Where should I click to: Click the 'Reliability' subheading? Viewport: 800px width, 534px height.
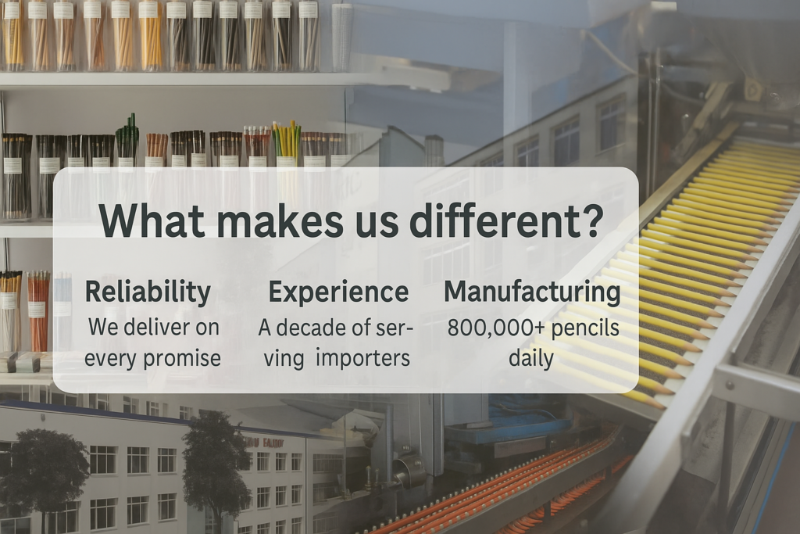[x=148, y=292]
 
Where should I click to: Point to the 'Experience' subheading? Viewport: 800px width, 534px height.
[x=338, y=292]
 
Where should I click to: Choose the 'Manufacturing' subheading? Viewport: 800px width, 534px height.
[x=532, y=292]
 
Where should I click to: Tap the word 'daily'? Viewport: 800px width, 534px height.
[x=531, y=358]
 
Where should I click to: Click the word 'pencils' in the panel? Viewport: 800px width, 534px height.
[x=584, y=328]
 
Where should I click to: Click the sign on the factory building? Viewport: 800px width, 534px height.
[x=261, y=443]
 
